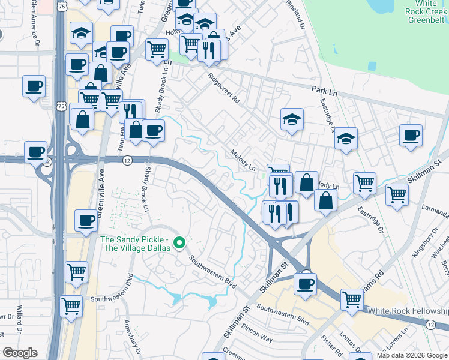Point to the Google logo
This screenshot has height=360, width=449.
[20, 353]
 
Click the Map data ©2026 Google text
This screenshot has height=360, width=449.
[412, 355]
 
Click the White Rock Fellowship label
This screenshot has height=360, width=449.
[408, 311]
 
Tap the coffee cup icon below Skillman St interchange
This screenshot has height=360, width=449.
[306, 283]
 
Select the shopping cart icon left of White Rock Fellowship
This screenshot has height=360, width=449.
[352, 299]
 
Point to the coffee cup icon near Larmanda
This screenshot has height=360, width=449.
[411, 135]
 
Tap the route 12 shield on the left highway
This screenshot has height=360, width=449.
[127, 160]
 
